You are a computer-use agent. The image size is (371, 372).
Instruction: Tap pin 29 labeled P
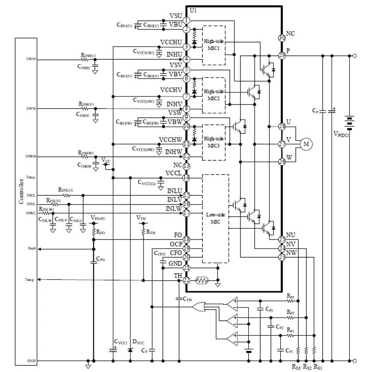tap(281, 55)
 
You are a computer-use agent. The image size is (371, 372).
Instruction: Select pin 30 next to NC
tap(281, 38)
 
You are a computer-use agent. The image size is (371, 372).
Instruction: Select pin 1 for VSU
tap(187, 20)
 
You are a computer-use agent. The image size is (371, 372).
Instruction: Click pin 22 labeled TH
tap(187, 280)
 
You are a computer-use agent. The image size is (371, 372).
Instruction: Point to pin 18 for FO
tap(187, 240)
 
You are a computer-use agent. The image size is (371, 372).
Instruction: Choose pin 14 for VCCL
tap(187, 178)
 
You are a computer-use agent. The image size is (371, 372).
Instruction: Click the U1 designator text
tap(193, 10)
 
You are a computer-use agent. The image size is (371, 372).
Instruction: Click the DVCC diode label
tap(139, 343)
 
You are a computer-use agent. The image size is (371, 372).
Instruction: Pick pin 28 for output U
tap(281, 127)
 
